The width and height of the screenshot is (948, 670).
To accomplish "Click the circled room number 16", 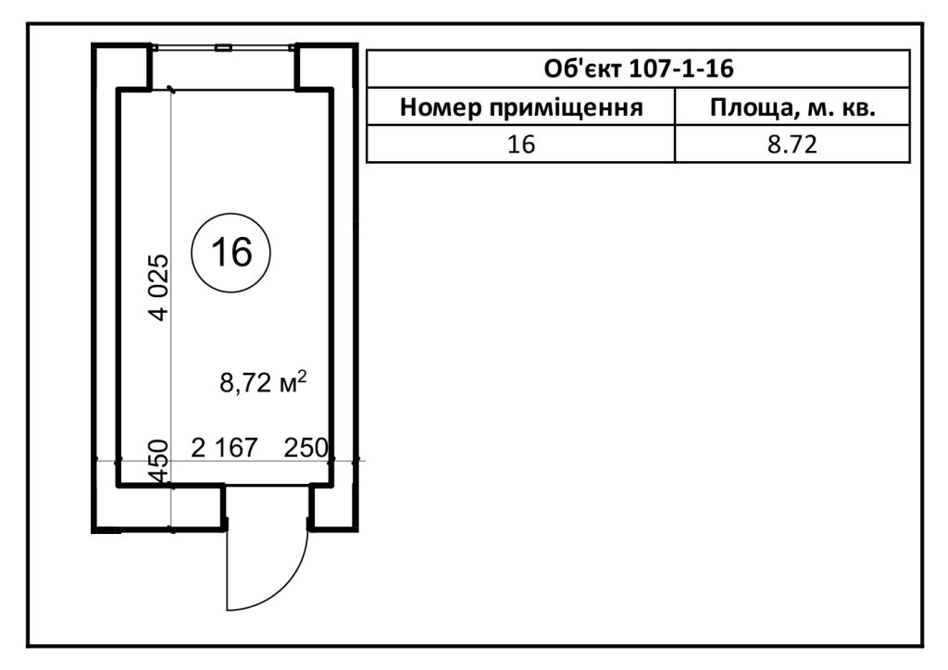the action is point(231,253).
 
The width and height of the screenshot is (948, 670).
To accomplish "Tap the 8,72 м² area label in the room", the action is point(263,382).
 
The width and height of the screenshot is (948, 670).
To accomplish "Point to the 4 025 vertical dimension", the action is point(159,288).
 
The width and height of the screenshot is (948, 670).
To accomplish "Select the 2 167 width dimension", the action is point(224,448).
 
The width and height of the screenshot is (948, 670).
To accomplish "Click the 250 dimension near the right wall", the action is point(306,448).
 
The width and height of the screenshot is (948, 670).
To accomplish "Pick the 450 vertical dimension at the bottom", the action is point(158,462).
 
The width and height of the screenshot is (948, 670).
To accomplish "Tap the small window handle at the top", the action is point(224,47).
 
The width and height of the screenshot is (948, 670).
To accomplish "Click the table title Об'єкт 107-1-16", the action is point(639,68).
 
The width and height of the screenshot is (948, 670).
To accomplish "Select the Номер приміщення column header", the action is point(521,107).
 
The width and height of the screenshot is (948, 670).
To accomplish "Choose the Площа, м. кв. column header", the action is point(792,107).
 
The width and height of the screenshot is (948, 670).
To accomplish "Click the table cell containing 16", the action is point(521,144).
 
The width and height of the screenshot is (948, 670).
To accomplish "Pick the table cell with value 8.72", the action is point(792,144).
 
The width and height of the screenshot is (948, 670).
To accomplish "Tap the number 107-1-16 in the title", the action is point(681,68).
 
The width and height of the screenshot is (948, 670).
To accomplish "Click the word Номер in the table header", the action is point(441,107).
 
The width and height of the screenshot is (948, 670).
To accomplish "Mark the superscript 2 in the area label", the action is point(303,376).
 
